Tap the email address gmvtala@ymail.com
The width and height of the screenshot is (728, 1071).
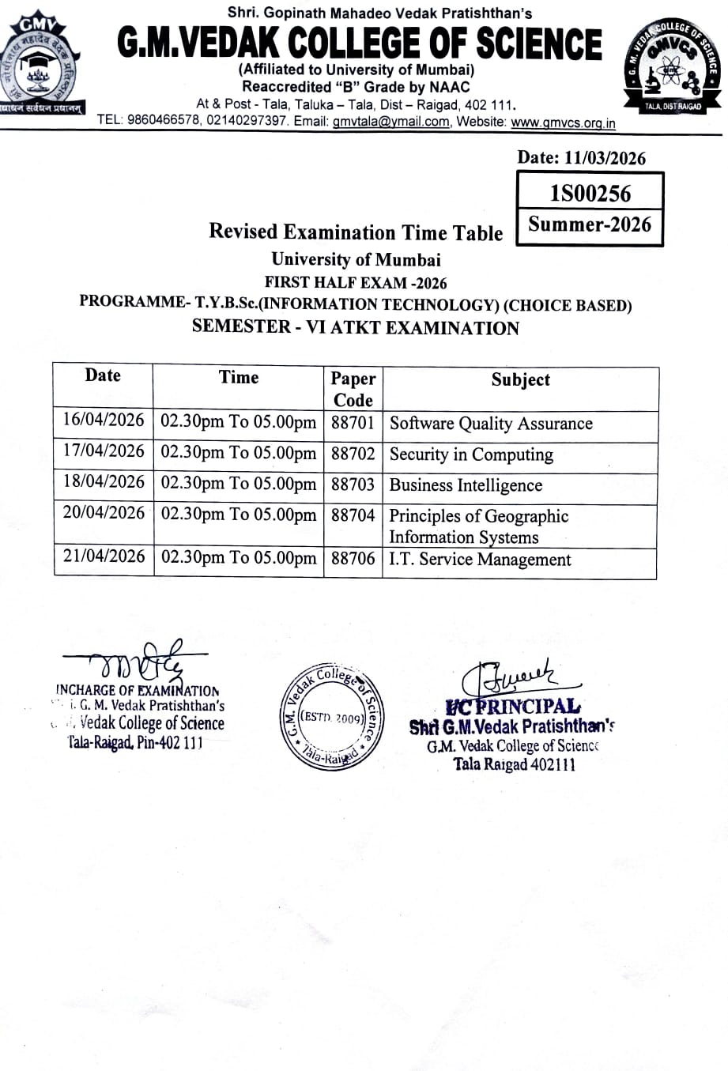[x=390, y=122]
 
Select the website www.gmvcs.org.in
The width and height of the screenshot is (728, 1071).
[x=563, y=123]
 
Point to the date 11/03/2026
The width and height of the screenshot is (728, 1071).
[x=605, y=158]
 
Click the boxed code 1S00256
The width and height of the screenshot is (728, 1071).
[x=590, y=194]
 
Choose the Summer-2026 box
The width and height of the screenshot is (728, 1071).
[x=590, y=224]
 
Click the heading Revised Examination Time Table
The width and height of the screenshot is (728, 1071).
[x=356, y=232]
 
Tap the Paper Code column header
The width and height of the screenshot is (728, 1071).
[x=353, y=388]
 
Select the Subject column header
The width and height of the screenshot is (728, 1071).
[x=520, y=379]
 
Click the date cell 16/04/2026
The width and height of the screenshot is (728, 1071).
[x=104, y=420]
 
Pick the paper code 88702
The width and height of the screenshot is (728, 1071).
[x=353, y=454]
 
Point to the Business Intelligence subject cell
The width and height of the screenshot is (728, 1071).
[x=466, y=485]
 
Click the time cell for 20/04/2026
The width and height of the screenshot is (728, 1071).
[x=238, y=515]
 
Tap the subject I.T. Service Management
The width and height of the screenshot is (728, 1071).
[x=480, y=560]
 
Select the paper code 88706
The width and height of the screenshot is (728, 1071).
[x=353, y=559]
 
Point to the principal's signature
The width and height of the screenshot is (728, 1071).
[x=514, y=677]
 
